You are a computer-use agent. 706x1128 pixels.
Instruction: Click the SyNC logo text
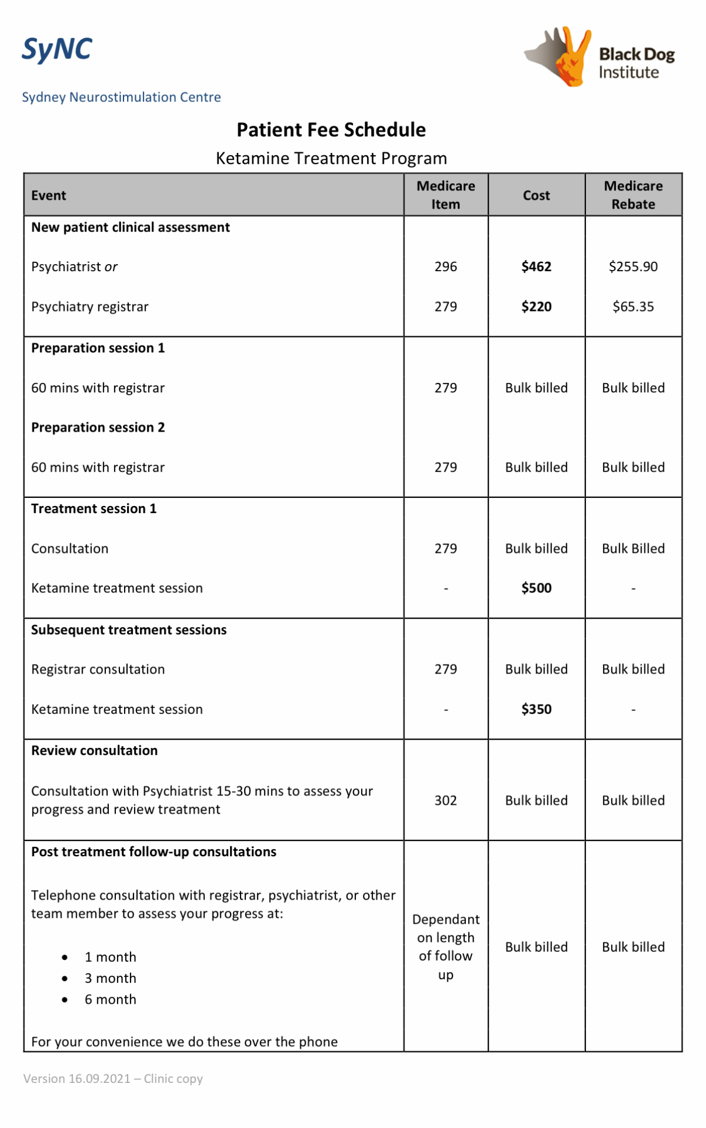57,49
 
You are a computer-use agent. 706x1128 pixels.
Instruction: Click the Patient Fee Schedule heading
331,129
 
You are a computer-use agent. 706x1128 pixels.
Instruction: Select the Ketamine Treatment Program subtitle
331,158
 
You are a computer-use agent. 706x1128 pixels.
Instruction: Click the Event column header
49,196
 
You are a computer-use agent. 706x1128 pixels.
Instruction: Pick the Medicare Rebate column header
633,195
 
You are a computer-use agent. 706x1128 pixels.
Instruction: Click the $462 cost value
536,267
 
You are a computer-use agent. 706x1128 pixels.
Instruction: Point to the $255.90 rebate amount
633,267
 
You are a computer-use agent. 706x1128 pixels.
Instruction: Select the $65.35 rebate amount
633,307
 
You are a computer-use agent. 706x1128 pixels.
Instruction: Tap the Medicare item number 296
445,267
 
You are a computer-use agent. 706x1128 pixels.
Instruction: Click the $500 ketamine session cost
536,588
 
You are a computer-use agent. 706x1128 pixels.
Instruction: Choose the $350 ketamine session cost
536,709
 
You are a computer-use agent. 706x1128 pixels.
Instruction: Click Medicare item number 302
445,801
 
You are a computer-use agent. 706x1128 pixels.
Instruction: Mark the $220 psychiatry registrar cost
536,307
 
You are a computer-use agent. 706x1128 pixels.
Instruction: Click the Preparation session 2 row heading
98,428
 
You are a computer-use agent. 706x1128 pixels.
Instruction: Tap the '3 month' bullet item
110,978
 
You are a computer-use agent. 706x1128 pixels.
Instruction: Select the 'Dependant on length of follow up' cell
445,946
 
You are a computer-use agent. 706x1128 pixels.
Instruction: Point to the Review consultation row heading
94,751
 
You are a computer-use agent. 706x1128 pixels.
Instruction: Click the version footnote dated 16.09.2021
113,1079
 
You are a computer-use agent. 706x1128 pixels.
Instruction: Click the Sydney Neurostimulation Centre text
121,97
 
